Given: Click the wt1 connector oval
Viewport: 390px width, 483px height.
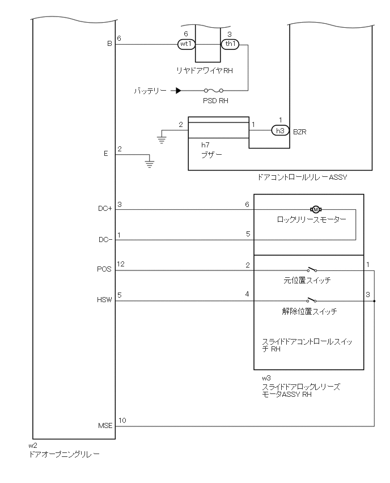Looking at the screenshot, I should pos(186,43).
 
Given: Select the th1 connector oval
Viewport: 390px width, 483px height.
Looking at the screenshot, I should pos(230,43).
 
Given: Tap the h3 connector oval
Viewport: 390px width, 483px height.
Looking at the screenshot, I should pos(279,130).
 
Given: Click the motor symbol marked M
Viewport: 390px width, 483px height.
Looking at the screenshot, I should pos(316,210).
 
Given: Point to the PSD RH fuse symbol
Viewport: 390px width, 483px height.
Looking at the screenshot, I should pos(213,90).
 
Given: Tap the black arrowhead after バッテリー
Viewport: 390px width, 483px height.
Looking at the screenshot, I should pos(178,90).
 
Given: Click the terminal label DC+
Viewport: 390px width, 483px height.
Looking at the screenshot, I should pos(105,209).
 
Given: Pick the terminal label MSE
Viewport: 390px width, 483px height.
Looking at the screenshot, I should pos(105,426).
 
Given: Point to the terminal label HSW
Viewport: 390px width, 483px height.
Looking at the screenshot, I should pos(105,301).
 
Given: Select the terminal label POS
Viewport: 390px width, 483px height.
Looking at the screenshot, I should pos(106,270).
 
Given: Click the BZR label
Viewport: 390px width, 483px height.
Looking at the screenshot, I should pos(299,131).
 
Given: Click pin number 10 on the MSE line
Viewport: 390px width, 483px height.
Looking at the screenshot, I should pos(122,420).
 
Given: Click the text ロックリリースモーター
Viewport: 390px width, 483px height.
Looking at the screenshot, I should pos(311,220).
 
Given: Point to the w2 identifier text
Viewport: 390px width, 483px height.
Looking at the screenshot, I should pos(32,446).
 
